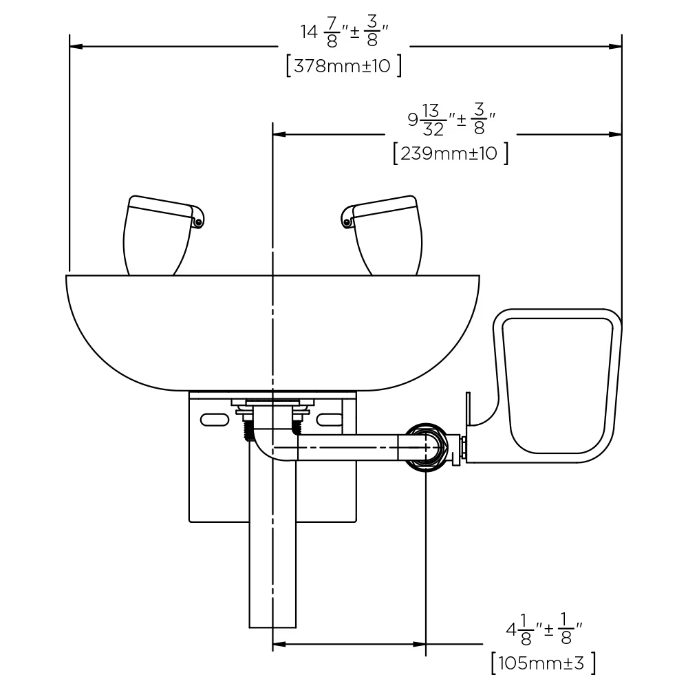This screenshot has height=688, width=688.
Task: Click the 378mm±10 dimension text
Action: click(x=343, y=66)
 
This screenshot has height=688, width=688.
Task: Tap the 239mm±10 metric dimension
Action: click(x=451, y=153)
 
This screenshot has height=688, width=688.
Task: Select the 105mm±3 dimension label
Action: click(x=544, y=663)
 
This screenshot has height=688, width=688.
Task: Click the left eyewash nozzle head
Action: click(x=162, y=235)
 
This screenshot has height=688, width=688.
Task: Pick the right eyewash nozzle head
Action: click(x=383, y=235)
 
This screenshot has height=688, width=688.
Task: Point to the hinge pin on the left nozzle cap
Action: click(x=198, y=223)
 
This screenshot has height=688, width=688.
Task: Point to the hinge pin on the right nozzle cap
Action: click(x=347, y=223)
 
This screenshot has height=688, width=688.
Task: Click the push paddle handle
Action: click(x=557, y=386)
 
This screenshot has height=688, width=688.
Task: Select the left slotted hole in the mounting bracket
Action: click(x=215, y=420)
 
